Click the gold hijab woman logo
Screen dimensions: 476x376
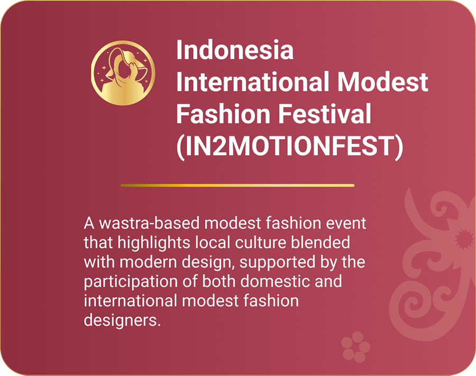tap(123, 73)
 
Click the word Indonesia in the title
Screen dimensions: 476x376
tap(235, 50)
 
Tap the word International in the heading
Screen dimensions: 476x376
tap(253, 81)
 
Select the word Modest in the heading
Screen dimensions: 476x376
tap(382, 81)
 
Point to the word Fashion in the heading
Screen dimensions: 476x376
tap(223, 114)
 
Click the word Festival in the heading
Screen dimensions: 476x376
tap(325, 114)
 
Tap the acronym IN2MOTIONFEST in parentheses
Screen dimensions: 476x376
tap(290, 146)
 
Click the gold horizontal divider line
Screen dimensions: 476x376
tap(237, 185)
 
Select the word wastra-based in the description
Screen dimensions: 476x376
tap(149, 223)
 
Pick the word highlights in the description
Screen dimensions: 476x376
tap(153, 243)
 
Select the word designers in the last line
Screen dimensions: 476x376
tap(122, 320)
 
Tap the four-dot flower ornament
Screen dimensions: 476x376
tap(356, 346)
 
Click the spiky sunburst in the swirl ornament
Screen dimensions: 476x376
tap(463, 239)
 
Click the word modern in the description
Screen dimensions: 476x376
tap(148, 262)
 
